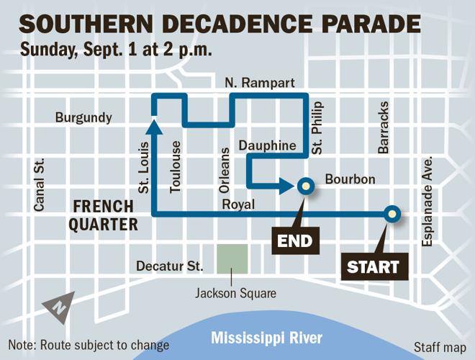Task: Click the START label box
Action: point(374,266)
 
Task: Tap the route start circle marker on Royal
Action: point(392,213)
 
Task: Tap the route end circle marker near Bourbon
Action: point(306,186)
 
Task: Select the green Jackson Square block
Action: point(232,259)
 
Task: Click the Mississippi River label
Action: point(267,338)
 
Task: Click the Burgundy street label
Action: point(84,117)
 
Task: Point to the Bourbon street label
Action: point(350,179)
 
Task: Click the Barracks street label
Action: point(384,132)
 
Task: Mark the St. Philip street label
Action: point(318,127)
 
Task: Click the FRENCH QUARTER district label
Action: point(104,216)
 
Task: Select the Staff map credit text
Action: point(439,346)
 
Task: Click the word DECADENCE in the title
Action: point(240,25)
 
